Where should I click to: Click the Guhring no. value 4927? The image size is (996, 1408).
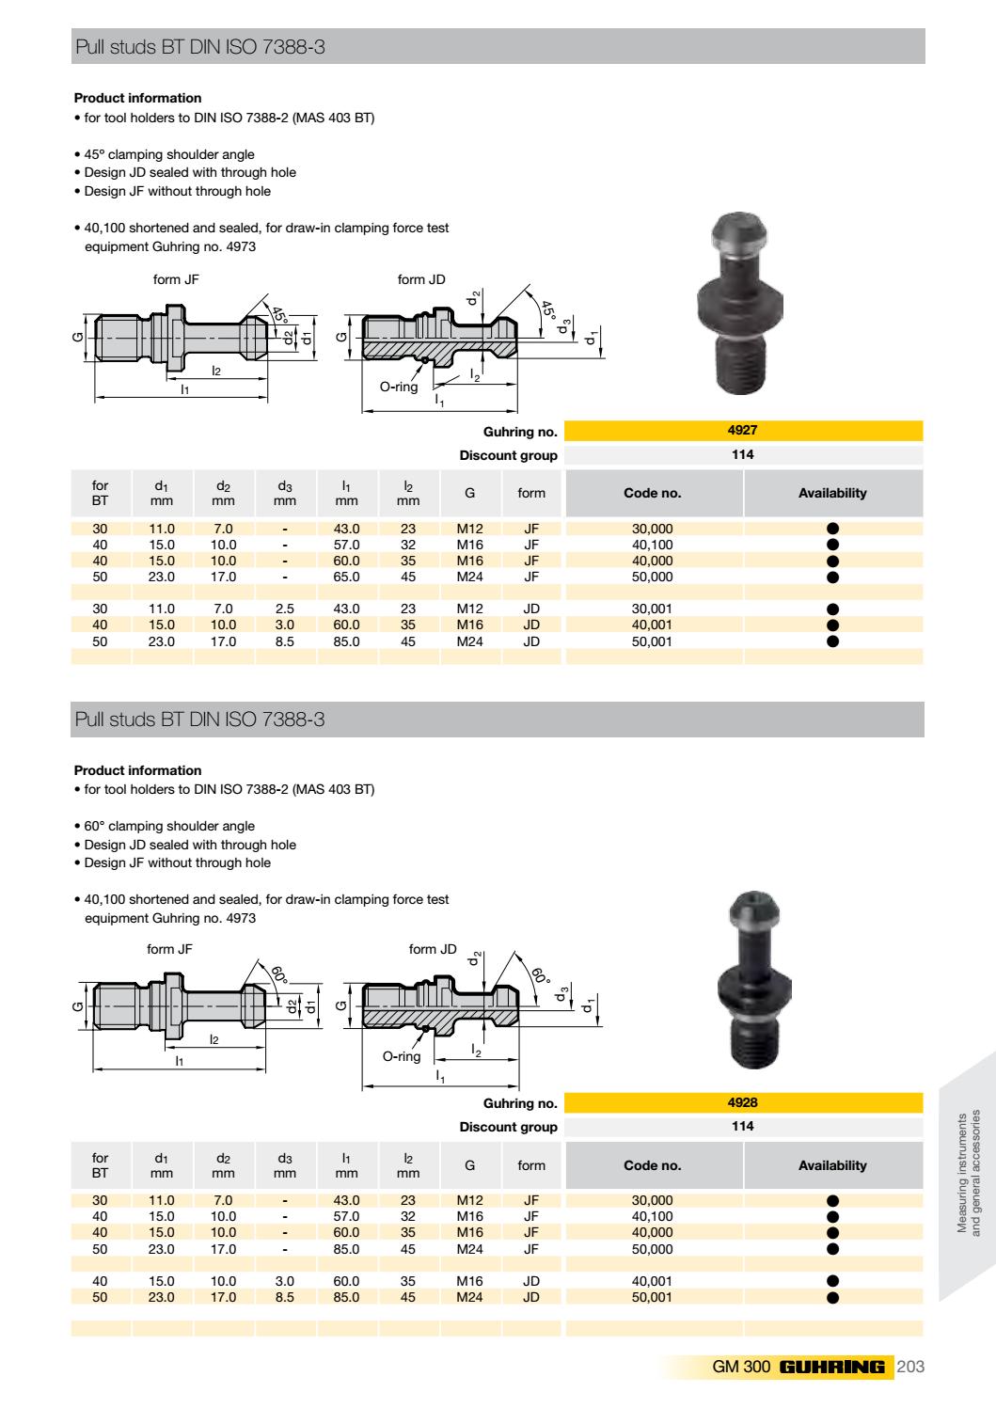tap(742, 431)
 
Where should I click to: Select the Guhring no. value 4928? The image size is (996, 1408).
tap(742, 1103)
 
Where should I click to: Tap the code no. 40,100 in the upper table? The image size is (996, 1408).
tap(652, 545)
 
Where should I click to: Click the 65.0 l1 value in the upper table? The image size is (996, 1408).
tap(346, 577)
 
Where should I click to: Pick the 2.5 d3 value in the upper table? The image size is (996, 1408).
tap(284, 609)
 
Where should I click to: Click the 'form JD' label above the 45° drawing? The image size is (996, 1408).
tap(421, 279)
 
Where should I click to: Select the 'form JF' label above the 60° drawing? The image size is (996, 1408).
tap(169, 950)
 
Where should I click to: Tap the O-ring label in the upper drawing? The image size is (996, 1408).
tap(399, 387)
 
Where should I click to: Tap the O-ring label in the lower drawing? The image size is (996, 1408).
tap(401, 1056)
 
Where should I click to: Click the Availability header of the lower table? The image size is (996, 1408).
tap(832, 1165)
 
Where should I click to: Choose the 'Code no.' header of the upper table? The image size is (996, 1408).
tap(652, 493)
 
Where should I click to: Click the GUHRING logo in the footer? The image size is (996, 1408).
tap(831, 1367)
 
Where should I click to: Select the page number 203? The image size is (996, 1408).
tap(911, 1367)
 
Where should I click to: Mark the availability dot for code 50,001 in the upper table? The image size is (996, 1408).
tap(832, 641)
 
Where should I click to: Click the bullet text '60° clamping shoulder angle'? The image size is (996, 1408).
tap(169, 826)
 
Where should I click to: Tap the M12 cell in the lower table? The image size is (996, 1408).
tap(469, 1200)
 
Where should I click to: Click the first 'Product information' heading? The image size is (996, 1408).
tap(137, 98)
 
